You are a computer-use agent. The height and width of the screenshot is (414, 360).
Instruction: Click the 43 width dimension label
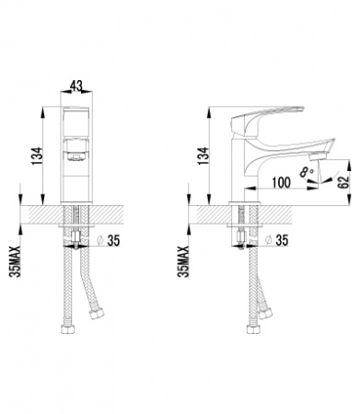click(x=76, y=86)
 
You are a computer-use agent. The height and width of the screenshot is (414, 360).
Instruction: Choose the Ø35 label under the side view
click(x=276, y=242)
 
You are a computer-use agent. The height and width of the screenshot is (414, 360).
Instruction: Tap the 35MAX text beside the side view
click(x=183, y=261)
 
